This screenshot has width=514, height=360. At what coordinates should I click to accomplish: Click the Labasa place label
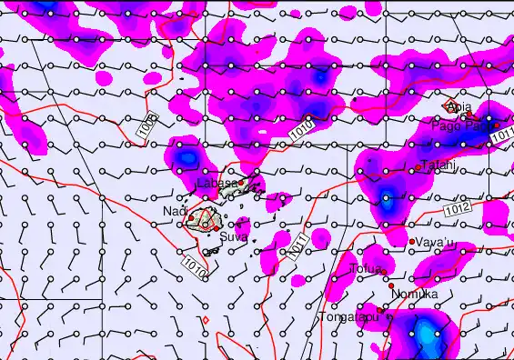[217, 184]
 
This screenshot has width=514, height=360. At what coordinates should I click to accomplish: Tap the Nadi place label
[175, 212]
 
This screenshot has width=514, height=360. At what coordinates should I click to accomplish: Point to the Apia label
[459, 106]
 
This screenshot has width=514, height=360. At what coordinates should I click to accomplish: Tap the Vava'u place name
[433, 243]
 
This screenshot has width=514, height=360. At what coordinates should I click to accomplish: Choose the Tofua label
[364, 269]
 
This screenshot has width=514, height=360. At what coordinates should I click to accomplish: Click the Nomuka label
[415, 295]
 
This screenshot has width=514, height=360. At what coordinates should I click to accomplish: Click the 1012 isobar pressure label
[459, 210]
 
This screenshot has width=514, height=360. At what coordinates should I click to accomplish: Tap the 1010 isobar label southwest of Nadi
[194, 266]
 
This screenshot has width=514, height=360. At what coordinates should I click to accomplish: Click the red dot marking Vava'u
[412, 241]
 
